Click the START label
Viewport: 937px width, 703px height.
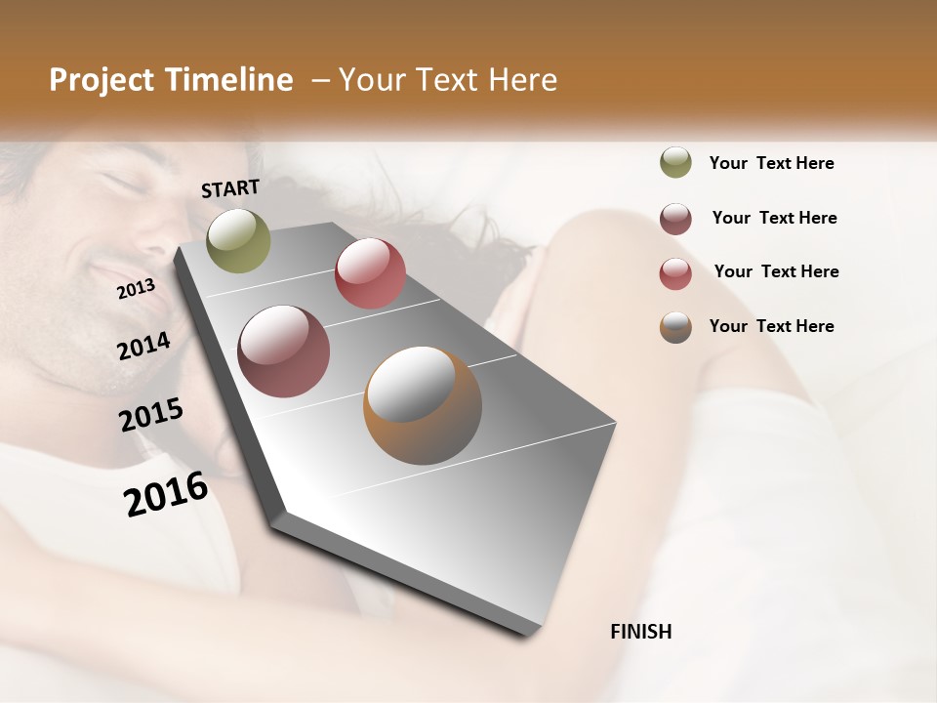click(230, 188)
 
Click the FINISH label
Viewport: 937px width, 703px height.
click(640, 632)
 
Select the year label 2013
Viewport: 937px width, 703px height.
click(136, 289)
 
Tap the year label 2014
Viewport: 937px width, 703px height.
click(143, 347)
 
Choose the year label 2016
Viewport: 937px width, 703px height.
click(166, 494)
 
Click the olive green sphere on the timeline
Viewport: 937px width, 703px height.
click(238, 240)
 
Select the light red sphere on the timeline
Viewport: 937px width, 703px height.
click(370, 273)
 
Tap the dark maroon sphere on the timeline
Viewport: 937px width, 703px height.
click(284, 351)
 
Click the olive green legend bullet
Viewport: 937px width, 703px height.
click(675, 163)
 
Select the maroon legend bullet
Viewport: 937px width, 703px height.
click(675, 219)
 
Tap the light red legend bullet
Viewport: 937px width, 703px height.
click(675, 273)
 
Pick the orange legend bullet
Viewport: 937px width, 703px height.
click(675, 327)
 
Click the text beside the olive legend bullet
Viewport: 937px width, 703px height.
click(771, 164)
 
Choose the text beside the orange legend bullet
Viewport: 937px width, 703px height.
click(771, 326)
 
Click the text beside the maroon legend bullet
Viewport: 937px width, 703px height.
click(774, 218)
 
